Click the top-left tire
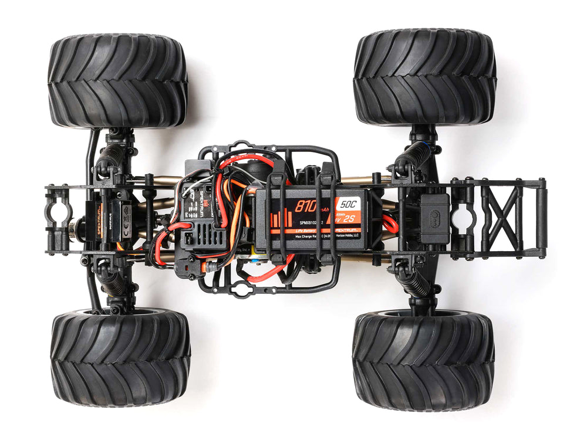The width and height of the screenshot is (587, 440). point(117,80)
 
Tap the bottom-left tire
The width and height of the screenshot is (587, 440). point(120,359)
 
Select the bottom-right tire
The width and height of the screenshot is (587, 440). point(423,359)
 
